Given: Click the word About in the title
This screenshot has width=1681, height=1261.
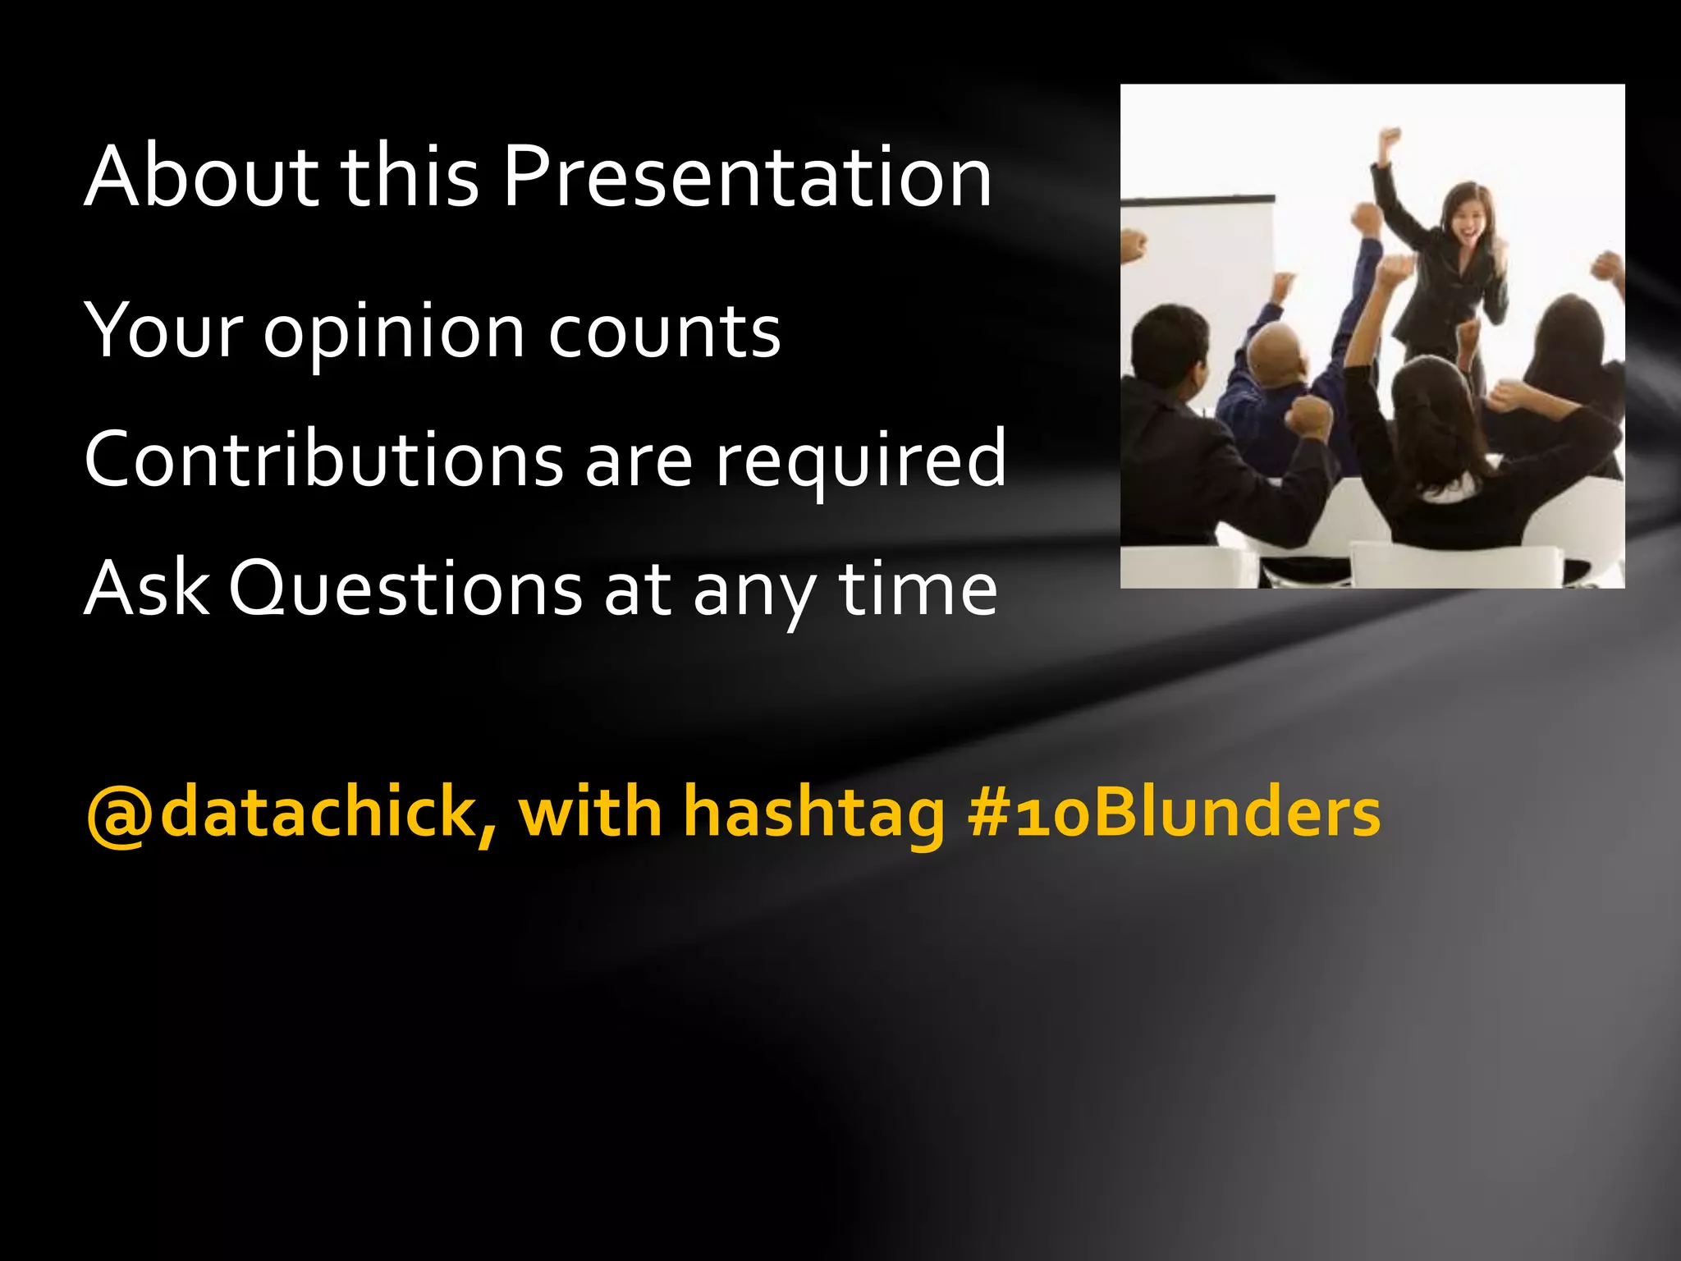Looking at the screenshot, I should tap(201, 176).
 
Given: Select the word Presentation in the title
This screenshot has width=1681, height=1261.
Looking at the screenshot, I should tap(747, 176).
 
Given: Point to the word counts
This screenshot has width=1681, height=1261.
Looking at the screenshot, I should tap(664, 333).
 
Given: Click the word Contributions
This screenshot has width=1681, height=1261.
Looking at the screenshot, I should tap(323, 460).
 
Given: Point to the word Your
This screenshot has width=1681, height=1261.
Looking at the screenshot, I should tap(164, 332).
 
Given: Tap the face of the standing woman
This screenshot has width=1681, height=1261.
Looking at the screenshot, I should tap(1468, 218).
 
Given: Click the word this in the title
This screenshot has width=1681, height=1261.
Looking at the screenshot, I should tap(409, 176).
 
